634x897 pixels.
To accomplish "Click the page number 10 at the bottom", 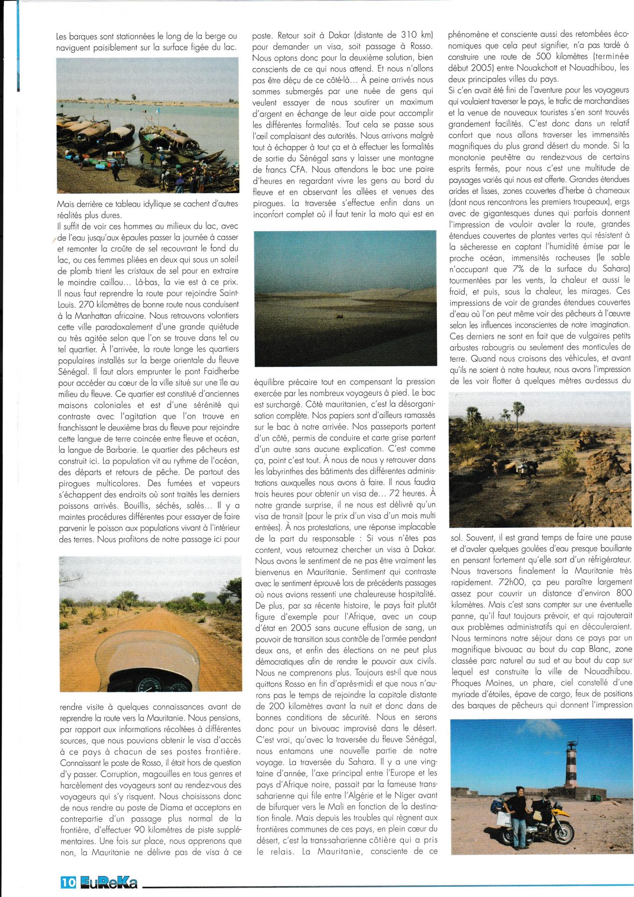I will pyautogui.click(x=68, y=882).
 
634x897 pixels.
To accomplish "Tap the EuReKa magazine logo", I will pyautogui.click(x=108, y=882).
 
